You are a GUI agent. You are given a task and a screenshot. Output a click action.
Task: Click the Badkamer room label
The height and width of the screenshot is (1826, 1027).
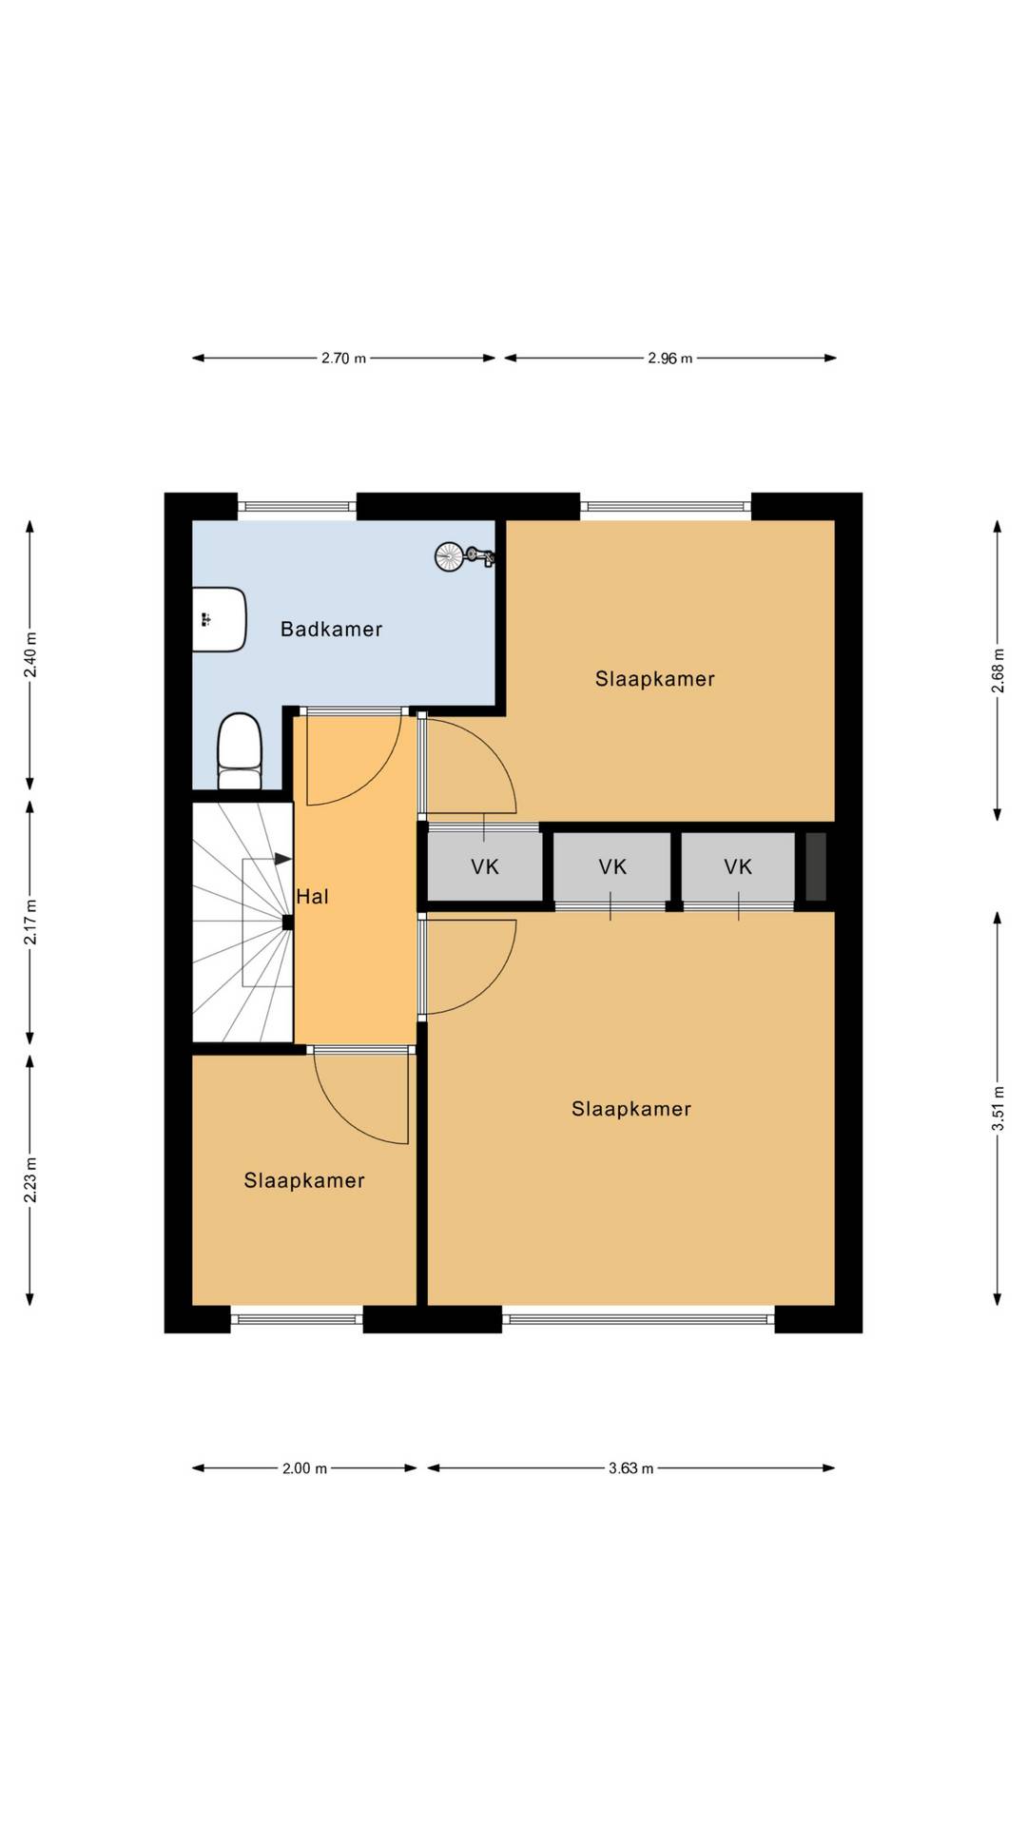click(x=331, y=629)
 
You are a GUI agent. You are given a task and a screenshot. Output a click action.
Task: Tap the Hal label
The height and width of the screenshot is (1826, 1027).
click(x=312, y=896)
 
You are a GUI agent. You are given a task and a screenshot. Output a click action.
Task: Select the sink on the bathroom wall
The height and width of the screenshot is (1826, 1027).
click(x=220, y=619)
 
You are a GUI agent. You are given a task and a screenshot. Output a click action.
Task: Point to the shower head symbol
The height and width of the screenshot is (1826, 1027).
click(x=464, y=556)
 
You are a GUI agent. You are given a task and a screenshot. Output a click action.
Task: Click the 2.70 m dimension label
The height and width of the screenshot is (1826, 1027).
click(x=343, y=359)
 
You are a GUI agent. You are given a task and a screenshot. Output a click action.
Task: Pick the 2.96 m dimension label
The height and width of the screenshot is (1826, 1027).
click(x=670, y=359)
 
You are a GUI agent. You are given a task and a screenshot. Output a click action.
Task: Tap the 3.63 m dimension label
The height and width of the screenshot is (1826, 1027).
click(x=631, y=1468)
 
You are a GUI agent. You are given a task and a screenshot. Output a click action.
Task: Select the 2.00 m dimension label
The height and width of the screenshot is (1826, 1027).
click(x=304, y=1468)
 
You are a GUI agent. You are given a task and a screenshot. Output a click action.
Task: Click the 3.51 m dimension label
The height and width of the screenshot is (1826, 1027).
click(x=998, y=1108)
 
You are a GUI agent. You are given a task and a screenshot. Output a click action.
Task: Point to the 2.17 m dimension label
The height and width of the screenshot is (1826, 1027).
click(x=30, y=922)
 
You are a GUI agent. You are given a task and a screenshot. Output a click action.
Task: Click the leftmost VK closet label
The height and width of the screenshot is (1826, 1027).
click(x=485, y=866)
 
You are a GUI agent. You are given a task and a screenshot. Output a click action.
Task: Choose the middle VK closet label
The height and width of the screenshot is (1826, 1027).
click(x=612, y=866)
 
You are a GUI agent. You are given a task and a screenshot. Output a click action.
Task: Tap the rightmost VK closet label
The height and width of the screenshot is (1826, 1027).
click(x=738, y=866)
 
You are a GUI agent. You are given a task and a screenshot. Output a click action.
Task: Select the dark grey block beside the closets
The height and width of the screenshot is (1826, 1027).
click(x=816, y=866)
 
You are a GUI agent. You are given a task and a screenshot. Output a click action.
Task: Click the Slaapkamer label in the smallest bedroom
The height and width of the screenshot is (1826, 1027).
click(x=304, y=1180)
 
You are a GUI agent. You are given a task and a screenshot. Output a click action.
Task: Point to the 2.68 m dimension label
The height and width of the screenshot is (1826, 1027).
click(x=998, y=670)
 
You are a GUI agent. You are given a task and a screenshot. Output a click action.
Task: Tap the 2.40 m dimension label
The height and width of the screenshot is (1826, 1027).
click(x=30, y=654)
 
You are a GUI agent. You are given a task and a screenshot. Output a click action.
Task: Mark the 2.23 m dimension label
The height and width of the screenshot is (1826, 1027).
click(x=30, y=1179)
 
